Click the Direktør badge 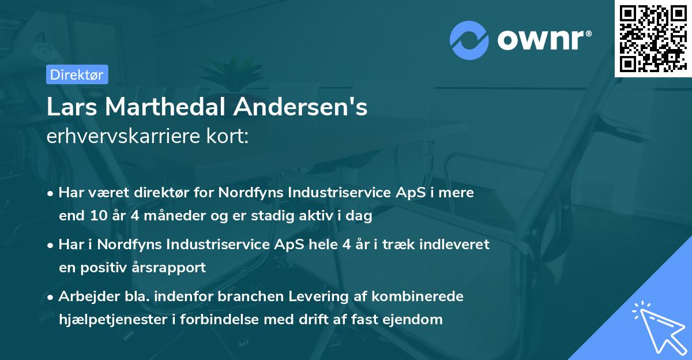[77, 74]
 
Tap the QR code [653, 39]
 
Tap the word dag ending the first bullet [360, 216]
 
